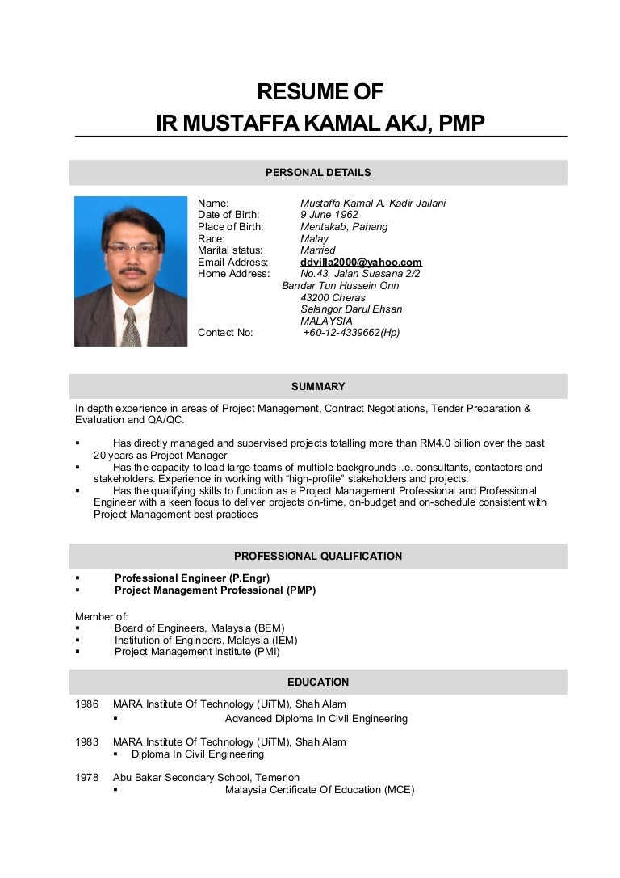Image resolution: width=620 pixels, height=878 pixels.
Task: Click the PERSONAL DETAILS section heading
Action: (x=318, y=172)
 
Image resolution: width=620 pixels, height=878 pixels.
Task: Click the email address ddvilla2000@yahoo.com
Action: (x=361, y=263)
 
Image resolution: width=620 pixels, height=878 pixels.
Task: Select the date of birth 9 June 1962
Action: (x=329, y=215)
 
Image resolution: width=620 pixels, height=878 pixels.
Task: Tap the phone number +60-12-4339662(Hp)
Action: (x=351, y=332)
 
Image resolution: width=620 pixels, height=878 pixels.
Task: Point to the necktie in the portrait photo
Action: (x=129, y=328)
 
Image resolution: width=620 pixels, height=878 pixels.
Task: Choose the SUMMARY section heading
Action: (x=318, y=387)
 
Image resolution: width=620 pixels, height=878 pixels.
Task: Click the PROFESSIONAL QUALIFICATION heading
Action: (x=318, y=557)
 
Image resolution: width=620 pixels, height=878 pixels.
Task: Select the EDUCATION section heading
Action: (x=318, y=683)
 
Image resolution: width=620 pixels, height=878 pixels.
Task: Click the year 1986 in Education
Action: (x=87, y=704)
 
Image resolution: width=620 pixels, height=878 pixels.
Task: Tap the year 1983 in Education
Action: (x=87, y=742)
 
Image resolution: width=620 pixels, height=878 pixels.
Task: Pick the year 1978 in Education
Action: (x=87, y=778)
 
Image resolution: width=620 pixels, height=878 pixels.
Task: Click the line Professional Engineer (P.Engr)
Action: (x=192, y=578)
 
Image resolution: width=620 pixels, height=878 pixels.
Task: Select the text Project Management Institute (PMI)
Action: (x=197, y=652)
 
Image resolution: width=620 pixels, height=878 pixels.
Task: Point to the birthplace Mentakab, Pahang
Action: (x=344, y=227)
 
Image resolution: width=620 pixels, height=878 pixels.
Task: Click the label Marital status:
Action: (x=231, y=250)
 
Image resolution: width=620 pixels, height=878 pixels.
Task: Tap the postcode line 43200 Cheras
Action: (x=333, y=298)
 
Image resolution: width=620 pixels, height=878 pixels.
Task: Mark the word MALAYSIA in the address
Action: (x=326, y=321)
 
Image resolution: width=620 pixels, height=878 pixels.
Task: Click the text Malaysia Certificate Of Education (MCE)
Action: (x=320, y=790)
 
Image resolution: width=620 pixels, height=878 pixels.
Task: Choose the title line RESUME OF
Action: (x=320, y=91)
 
